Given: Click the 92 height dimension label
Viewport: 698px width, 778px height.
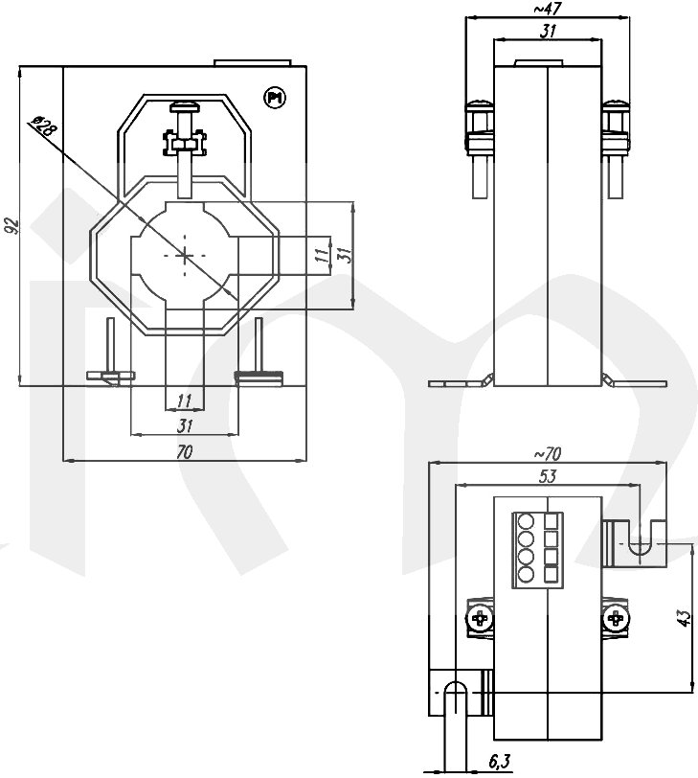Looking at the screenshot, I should click(x=11, y=226).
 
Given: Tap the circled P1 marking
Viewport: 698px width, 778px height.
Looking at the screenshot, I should click(x=275, y=97).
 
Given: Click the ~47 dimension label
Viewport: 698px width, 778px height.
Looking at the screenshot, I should click(x=547, y=9).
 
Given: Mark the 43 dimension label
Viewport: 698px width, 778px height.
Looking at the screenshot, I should click(x=684, y=619).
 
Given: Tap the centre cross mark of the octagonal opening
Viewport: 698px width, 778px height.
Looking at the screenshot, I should click(x=185, y=255).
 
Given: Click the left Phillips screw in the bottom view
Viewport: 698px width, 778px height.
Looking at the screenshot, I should click(x=480, y=621).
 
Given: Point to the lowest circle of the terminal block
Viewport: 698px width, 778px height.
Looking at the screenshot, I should click(x=526, y=575).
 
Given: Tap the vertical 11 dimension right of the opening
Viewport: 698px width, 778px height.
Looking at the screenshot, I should click(x=321, y=254).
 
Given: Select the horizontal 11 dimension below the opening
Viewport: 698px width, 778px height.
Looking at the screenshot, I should click(x=185, y=400).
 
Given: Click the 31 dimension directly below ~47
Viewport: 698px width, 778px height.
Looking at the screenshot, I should click(x=548, y=31).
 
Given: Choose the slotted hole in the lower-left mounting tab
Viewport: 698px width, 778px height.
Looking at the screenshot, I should click(x=457, y=693).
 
